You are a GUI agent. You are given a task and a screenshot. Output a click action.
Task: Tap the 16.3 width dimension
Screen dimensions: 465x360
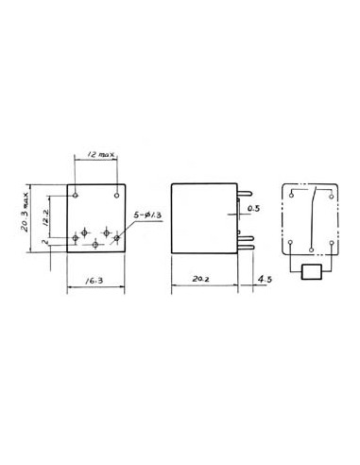93,281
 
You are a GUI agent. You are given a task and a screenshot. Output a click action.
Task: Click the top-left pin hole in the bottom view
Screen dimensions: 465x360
76,195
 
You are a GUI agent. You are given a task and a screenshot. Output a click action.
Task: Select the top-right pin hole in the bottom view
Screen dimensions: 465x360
116,195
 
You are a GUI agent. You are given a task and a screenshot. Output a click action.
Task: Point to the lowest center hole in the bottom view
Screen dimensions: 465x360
96,244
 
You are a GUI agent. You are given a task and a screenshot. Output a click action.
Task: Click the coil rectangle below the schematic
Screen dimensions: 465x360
311,274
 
